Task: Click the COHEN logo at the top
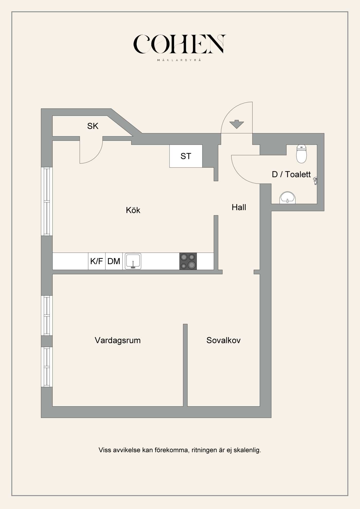coord(179,44)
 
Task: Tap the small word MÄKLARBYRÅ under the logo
coord(179,60)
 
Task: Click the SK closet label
coord(93,126)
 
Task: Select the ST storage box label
coord(186,156)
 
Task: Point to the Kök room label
coord(133,210)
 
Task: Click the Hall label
coord(239,207)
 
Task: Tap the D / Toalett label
coord(291,174)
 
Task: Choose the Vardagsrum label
coord(118,340)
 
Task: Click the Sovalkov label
coord(223,340)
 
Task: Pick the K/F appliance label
coord(96,261)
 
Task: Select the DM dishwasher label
coord(114,261)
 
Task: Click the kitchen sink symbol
coord(133,261)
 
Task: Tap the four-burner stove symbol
coord(188,261)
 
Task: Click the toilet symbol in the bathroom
coord(301,154)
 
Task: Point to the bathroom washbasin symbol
coord(287,198)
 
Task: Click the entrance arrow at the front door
coord(237,124)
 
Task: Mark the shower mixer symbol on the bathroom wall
coord(315,181)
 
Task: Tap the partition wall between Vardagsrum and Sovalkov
coord(185,365)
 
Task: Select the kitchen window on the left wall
coord(47,201)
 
